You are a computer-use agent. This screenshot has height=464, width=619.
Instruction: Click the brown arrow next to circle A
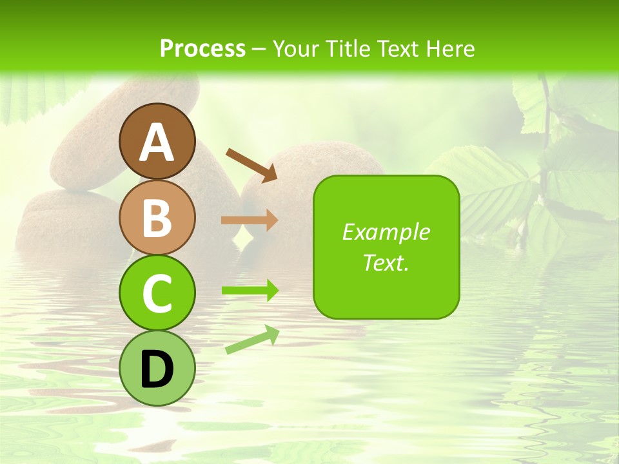point(251,164)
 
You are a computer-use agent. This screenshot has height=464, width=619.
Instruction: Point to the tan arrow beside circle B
point(250,220)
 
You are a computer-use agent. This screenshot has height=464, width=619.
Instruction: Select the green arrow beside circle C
point(250,290)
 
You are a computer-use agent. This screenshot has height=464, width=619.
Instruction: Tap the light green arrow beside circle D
point(252,340)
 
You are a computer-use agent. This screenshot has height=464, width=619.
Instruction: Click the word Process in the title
point(202,48)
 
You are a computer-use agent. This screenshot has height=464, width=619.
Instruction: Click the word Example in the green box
point(386,232)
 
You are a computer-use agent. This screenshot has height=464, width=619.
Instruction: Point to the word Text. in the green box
point(386,262)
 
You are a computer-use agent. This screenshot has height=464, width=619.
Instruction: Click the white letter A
point(157,143)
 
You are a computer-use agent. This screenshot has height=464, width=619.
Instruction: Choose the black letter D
point(157,370)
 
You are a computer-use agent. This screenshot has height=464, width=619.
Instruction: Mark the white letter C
point(157,294)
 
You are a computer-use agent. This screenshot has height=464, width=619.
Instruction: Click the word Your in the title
point(296,48)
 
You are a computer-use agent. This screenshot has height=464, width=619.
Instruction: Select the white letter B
point(157,218)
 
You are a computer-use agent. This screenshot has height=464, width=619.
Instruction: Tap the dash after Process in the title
point(259,49)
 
